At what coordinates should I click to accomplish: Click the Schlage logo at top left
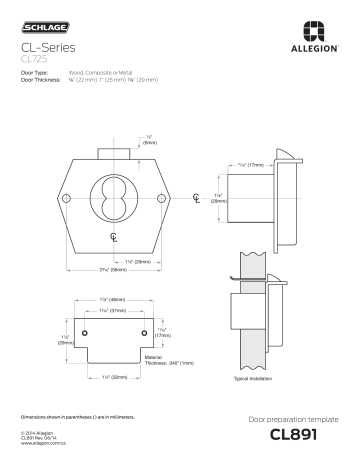(x=39, y=20)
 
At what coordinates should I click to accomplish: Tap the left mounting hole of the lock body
(x=64, y=199)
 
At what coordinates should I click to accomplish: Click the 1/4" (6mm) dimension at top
(x=151, y=140)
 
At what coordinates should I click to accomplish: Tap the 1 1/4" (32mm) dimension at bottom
(x=112, y=377)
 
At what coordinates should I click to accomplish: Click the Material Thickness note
(x=164, y=358)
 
